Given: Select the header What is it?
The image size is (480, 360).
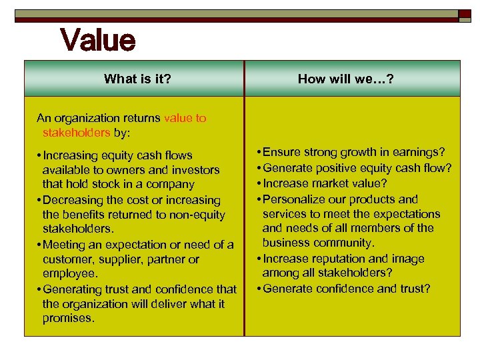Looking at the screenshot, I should [137, 79].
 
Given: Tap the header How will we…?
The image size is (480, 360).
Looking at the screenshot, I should [345, 79].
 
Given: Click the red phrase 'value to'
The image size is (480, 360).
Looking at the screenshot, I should [185, 118].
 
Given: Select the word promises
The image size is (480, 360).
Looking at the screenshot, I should [68, 318].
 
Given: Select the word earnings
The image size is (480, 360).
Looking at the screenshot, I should [421, 153].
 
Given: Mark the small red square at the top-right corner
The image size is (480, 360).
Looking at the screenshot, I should [465, 14].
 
